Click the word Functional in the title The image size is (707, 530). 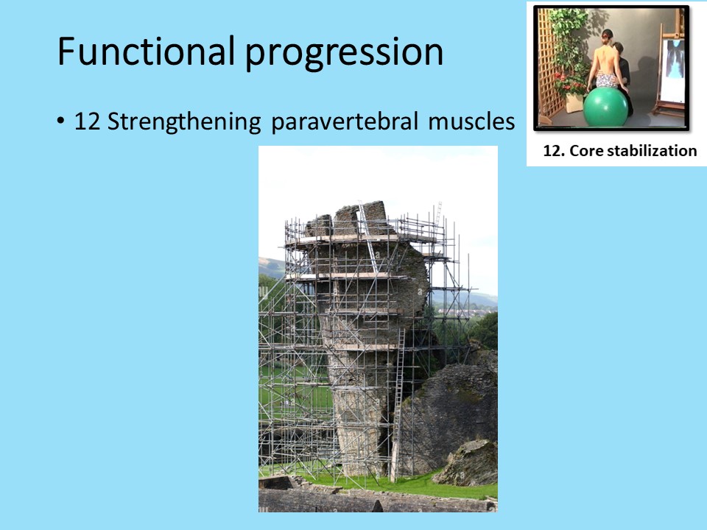pos(146,51)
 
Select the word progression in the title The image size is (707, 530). pos(344,53)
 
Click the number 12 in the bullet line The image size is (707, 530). pos(87,121)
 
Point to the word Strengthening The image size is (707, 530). pos(184,122)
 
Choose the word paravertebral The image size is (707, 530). pos(345,122)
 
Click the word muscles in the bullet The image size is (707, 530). pos(471,121)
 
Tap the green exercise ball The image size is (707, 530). pos(605,107)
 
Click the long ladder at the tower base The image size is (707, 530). pos(397,405)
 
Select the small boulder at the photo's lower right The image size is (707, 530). pos(465,463)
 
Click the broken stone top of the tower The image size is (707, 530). pos(347,218)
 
